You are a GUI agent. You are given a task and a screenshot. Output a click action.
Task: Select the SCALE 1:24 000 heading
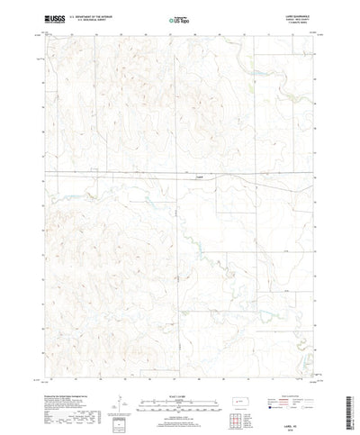click(179, 367)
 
